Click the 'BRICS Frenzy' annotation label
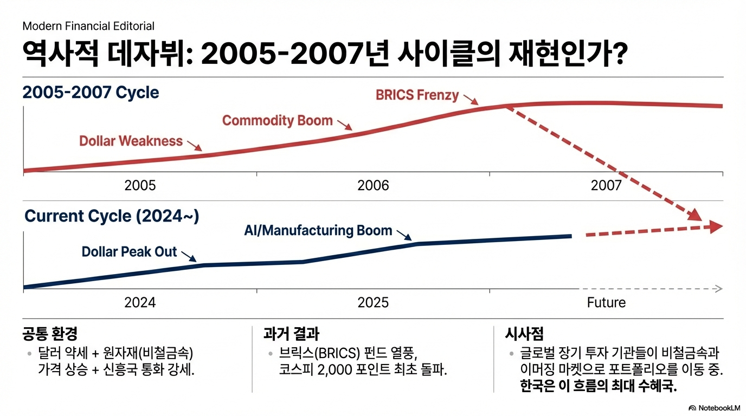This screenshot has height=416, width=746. pyautogui.click(x=417, y=95)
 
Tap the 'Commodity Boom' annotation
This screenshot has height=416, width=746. pyautogui.click(x=277, y=120)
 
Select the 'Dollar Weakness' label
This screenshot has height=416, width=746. pyautogui.click(x=131, y=141)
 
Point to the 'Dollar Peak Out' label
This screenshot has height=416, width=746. pyautogui.click(x=129, y=252)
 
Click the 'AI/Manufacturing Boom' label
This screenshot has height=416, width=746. pyautogui.click(x=318, y=230)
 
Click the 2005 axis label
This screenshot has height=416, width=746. pyautogui.click(x=140, y=186)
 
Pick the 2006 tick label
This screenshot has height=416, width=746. pyautogui.click(x=373, y=186)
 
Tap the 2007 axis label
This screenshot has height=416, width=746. pyautogui.click(x=606, y=186)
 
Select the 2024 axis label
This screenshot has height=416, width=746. pyautogui.click(x=140, y=302)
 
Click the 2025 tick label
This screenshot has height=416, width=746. pyautogui.click(x=373, y=302)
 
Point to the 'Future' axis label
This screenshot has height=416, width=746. pyautogui.click(x=606, y=302)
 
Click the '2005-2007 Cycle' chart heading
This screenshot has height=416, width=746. pyautogui.click(x=91, y=92)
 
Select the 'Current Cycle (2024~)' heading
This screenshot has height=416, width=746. pyautogui.click(x=112, y=216)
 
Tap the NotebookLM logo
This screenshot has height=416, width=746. pyautogui.click(x=714, y=407)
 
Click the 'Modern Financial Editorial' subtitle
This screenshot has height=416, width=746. pyautogui.click(x=88, y=26)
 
